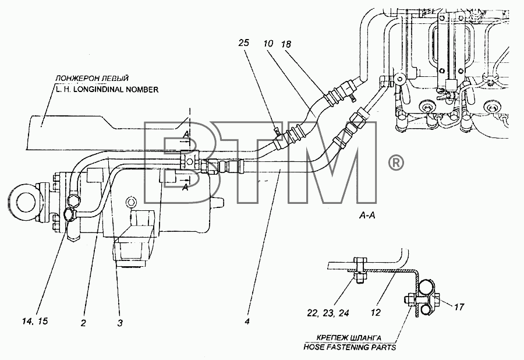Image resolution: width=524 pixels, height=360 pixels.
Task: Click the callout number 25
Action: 244,43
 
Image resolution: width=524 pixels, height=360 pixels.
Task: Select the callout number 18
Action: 286,44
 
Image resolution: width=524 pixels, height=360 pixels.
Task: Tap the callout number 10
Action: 268,43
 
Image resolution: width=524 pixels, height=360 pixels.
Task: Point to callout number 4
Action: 247,322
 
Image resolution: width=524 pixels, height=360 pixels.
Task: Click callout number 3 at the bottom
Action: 120,323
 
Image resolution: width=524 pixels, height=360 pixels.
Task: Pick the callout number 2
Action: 83,323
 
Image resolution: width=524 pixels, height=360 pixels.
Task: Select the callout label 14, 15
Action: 35,321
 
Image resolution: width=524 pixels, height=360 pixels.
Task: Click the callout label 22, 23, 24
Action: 328,313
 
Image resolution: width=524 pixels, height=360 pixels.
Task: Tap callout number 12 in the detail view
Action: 376,313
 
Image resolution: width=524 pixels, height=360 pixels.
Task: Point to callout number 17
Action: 459,306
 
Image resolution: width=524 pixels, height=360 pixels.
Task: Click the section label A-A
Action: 367,216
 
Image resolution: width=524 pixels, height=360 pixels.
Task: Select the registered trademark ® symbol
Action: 396,163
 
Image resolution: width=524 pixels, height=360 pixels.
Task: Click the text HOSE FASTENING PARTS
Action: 349,347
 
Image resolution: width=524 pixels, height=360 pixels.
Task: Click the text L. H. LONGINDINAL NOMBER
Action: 107,90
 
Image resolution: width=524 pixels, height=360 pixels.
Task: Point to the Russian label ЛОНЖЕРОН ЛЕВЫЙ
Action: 92,79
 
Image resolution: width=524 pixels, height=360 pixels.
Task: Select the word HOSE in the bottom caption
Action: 314,347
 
